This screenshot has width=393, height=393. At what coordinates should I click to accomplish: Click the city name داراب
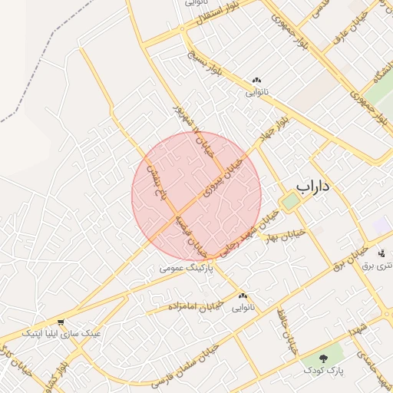pos(313,186)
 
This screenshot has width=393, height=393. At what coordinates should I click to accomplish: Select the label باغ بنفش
pos(157,183)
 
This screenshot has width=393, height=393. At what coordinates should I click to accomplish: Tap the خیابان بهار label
pos(285,234)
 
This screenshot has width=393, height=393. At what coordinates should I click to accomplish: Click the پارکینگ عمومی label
pos(185,269)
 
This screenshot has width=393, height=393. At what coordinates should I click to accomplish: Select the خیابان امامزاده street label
pos(196,305)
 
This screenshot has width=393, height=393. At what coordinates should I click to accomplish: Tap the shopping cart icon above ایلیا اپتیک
pos(61,322)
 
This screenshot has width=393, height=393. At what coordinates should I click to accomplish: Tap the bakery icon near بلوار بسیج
pos(256,81)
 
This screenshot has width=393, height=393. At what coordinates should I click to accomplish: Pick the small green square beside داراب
pos(289,202)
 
